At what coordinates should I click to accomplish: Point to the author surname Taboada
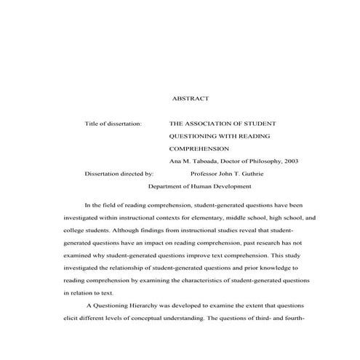(x=213, y=161)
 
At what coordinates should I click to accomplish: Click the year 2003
(x=290, y=161)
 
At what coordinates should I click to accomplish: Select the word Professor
(x=207, y=174)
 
